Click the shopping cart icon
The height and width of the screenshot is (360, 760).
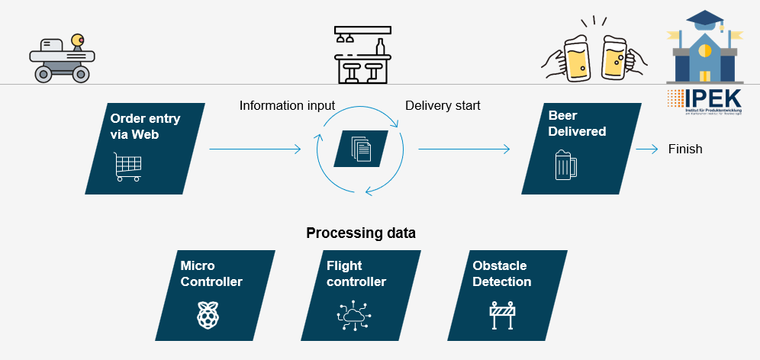[127, 166]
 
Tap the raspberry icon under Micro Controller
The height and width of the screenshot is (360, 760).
[207, 315]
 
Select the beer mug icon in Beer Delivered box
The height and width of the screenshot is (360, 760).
[562, 165]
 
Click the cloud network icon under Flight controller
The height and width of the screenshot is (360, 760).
[353, 315]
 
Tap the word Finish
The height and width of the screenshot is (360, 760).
[685, 149]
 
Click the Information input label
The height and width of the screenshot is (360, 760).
[287, 105]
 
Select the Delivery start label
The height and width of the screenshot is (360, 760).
[443, 105]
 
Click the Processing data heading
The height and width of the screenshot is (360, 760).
[361, 233]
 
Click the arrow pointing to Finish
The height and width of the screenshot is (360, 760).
[646, 149]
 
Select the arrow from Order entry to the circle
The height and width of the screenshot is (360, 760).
[255, 149]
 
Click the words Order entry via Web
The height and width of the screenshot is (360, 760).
[146, 126]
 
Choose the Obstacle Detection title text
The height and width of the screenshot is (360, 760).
[501, 273]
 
